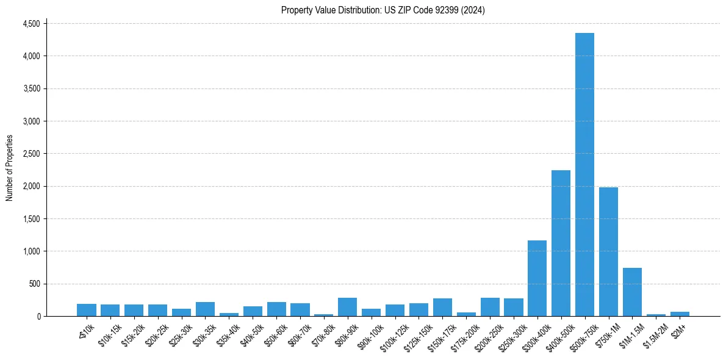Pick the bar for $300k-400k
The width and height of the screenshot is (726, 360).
pos(537,278)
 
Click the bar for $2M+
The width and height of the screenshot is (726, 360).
pos(680,314)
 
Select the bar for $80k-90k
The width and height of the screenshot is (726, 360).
pos(347,307)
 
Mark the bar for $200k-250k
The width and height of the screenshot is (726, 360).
pos(490,307)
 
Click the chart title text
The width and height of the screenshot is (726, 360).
pos(383,10)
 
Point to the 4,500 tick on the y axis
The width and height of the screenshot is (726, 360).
pos(31,24)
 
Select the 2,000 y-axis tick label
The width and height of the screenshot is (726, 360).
pos(31,186)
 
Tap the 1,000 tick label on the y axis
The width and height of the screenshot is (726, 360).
pos(31,251)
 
